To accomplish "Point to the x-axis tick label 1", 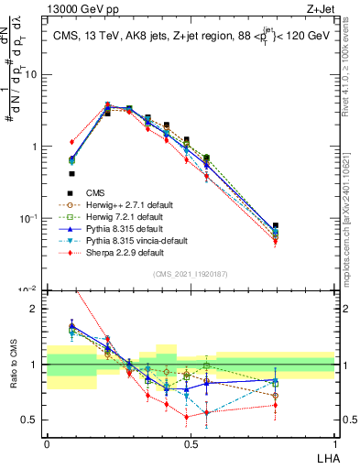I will [333, 442].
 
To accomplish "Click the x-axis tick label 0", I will [46, 442].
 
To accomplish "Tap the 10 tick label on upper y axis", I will [32, 74].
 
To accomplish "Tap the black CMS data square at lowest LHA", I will [71, 173].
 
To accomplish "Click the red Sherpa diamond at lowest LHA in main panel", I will [71, 142].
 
